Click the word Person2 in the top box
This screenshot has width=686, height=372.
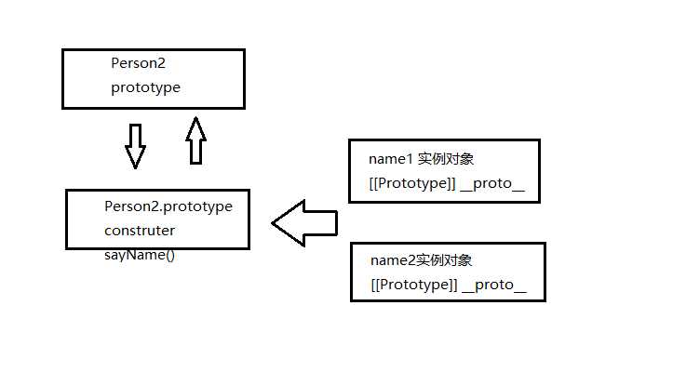(138, 63)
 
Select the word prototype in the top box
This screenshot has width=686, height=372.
(145, 87)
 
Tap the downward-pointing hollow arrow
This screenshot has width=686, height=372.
(136, 146)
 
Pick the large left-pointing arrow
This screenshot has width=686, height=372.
(304, 223)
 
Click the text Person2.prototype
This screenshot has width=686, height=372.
(168, 206)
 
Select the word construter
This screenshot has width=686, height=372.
(140, 230)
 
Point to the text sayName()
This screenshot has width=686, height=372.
(139, 254)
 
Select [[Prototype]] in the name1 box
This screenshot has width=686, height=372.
(412, 183)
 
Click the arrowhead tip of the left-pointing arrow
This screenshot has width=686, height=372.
(274, 223)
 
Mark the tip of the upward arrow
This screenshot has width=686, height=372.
(195, 118)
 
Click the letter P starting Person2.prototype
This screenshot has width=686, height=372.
(109, 206)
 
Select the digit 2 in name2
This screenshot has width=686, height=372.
(407, 260)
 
